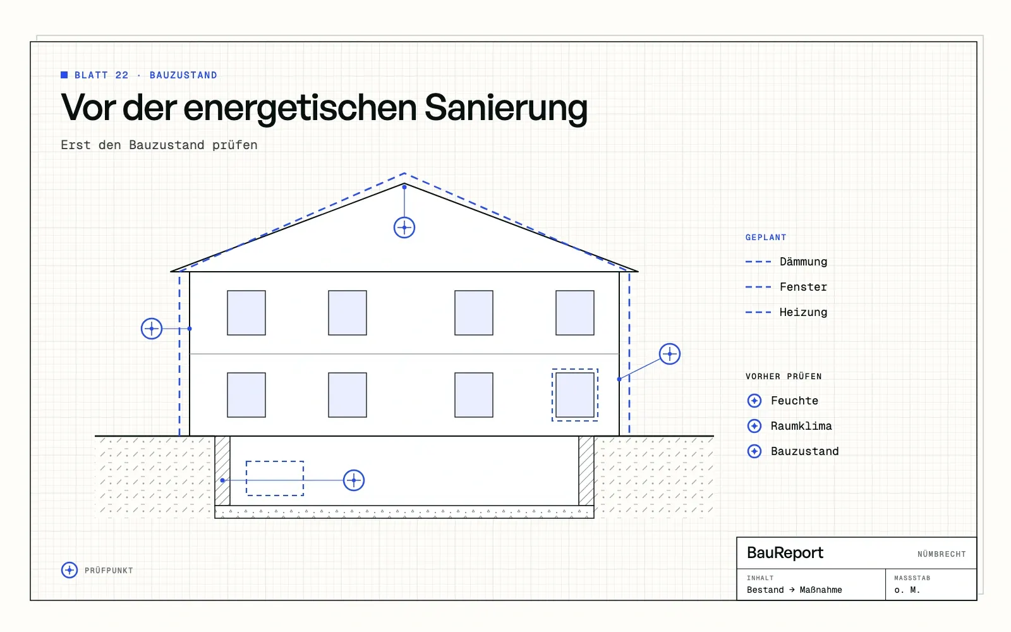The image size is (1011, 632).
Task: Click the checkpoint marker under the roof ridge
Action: [404, 228]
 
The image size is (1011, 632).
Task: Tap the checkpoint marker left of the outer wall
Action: [152, 329]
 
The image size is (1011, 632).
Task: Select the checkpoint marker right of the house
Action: [669, 354]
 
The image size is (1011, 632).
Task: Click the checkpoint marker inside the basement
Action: [353, 480]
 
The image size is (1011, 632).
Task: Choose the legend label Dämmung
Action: [803, 262]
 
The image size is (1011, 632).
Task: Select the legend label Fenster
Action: [803, 287]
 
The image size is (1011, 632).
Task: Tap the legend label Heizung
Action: [803, 312]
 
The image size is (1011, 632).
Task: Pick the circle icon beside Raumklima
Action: [754, 426]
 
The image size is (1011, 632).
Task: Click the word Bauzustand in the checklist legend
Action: [805, 451]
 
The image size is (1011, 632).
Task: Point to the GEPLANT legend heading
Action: [766, 238]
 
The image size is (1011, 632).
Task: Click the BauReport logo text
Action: [785, 552]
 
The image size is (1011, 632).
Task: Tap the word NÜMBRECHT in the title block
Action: [941, 554]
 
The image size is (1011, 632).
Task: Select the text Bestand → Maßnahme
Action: [794, 590]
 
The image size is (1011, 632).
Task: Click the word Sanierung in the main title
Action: [506, 108]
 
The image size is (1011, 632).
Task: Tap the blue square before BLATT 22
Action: [64, 75]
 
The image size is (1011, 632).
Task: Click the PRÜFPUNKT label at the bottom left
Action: [109, 571]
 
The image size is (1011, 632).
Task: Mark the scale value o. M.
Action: [907, 590]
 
